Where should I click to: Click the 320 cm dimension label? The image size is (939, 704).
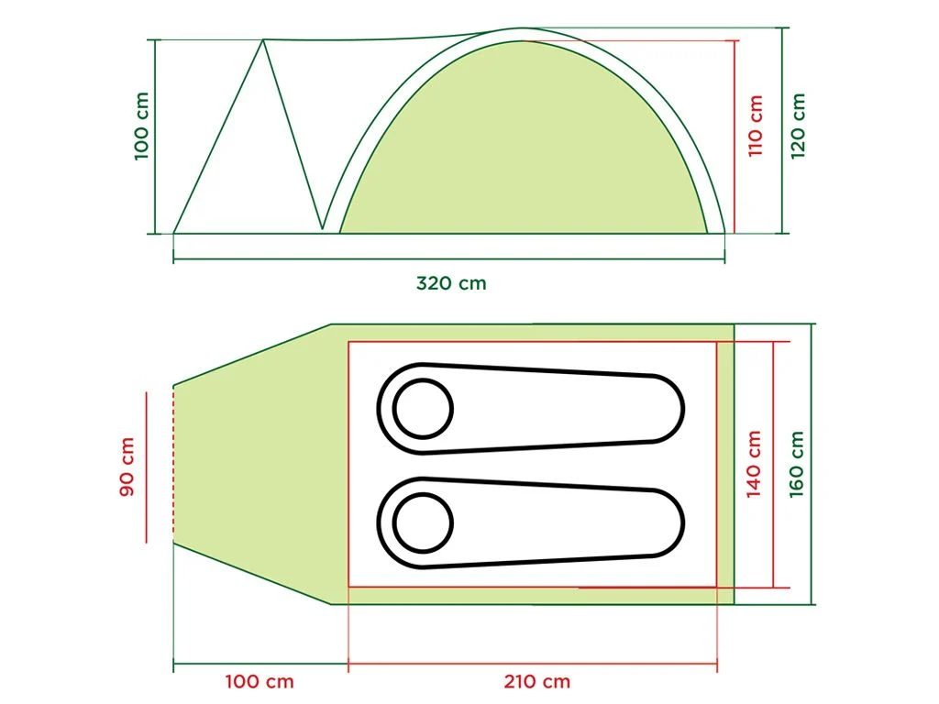coord(451,283)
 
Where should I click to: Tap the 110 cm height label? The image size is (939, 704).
coord(756,126)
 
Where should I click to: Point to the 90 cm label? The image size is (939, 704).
coord(127,467)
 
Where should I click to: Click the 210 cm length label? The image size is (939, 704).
coord(536,681)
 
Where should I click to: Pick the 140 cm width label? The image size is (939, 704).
coord(754,464)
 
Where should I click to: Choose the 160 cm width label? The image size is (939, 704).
coord(797,464)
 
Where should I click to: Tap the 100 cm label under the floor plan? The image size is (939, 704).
coord(260,681)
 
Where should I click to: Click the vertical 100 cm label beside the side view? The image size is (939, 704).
coord(141,126)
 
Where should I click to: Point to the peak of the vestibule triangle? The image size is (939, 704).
coord(264,40)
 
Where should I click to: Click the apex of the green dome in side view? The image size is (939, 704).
coord(525,41)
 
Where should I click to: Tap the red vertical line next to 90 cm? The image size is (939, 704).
coord(146,467)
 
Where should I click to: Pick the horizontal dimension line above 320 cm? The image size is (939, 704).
coord(449,260)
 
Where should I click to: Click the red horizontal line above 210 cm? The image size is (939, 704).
coord(532,663)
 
